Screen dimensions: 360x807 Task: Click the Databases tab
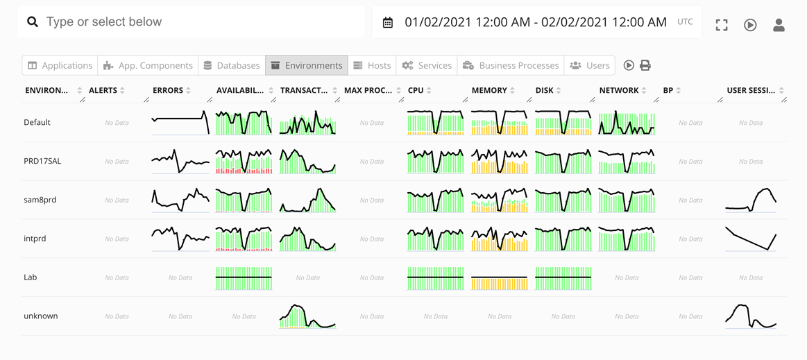pos(231,65)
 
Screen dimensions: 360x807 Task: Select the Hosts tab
pos(372,65)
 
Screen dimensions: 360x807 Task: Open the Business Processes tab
pos(511,65)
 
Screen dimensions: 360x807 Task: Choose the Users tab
pos(590,65)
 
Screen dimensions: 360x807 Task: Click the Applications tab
pos(60,65)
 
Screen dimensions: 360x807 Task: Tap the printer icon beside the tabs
pos(645,65)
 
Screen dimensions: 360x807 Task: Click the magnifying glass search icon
pos(33,22)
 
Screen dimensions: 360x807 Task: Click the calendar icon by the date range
pos(388,23)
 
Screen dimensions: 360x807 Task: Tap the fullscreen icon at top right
pos(722,25)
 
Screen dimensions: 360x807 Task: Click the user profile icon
pos(779,25)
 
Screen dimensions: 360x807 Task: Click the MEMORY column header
pos(489,90)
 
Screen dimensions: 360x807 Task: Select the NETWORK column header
pos(619,90)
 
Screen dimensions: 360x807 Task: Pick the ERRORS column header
pos(168,90)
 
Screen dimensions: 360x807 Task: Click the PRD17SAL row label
pos(42,161)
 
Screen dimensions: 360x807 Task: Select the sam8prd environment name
pos(40,200)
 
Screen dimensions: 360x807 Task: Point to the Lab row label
pos(31,277)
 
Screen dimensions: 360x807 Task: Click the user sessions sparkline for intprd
pos(751,239)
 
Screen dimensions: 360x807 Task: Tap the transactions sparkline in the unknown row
pos(307,316)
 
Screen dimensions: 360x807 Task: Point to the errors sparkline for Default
pos(180,123)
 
